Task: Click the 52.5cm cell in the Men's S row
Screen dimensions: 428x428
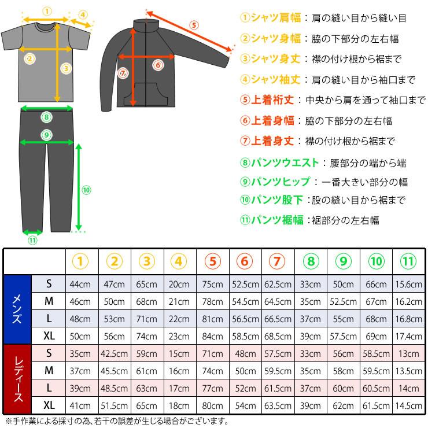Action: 245,285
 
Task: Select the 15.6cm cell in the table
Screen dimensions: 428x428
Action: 408,285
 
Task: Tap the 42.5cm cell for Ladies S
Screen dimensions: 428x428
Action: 115,352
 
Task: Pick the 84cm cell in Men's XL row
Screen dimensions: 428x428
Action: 213,335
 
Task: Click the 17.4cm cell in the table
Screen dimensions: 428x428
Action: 408,335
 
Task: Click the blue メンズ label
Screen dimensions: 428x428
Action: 17,309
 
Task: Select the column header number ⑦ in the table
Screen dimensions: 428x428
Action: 278,261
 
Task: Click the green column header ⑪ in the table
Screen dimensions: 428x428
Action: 408,261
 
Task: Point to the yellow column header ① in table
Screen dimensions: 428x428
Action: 82,261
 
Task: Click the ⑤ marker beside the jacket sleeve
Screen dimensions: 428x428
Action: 194,25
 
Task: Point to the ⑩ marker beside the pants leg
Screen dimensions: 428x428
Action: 86,190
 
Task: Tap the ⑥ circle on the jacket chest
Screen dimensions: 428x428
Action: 157,65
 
